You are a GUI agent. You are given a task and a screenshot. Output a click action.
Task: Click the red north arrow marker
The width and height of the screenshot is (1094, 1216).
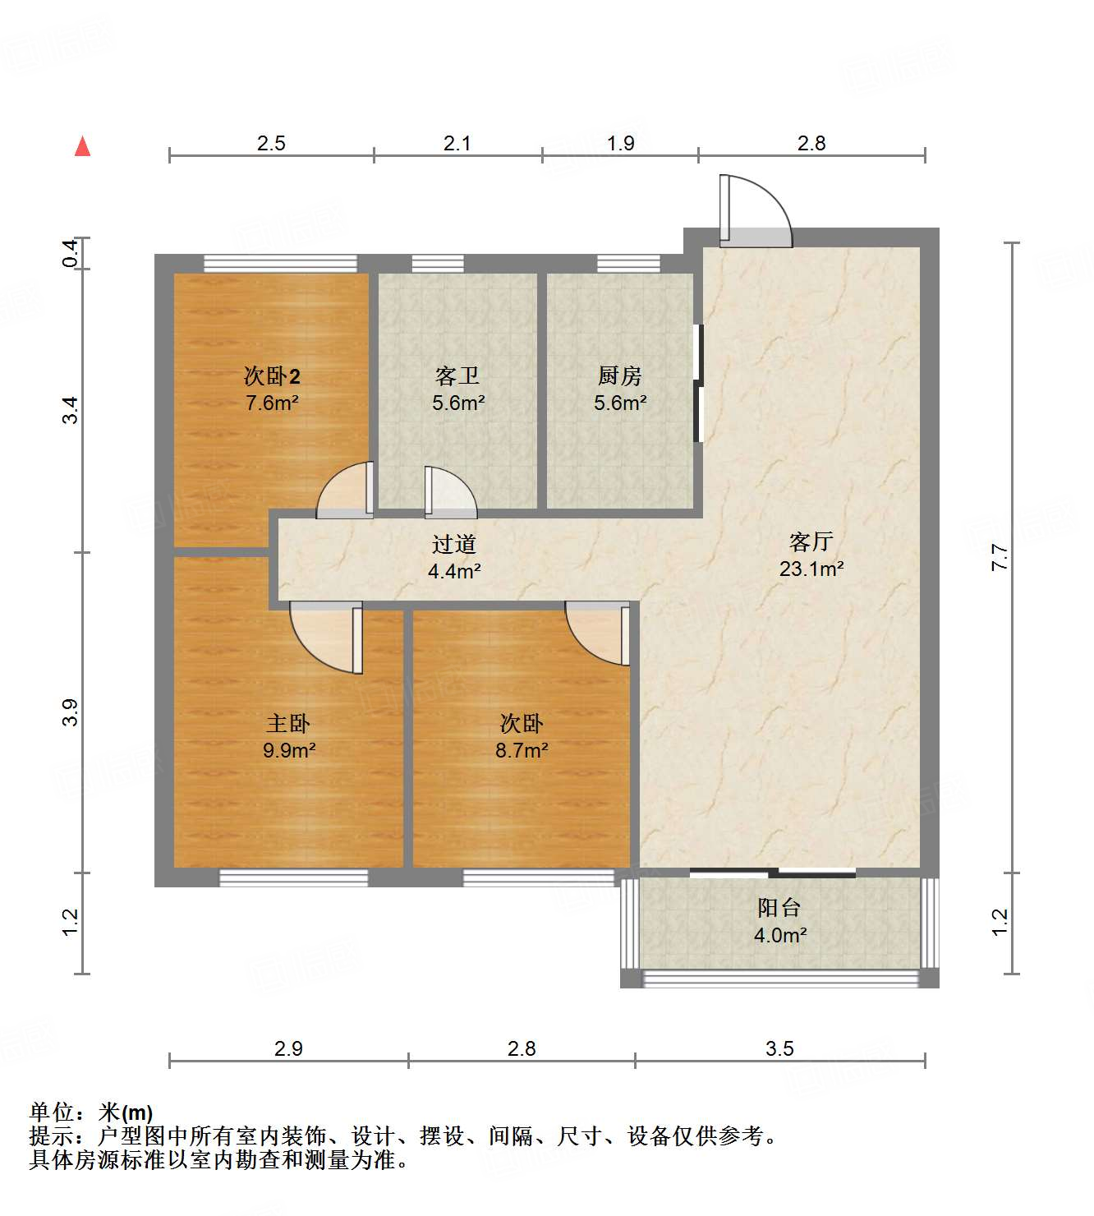82,147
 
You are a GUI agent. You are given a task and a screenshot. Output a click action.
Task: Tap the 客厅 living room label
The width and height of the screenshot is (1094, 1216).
811,541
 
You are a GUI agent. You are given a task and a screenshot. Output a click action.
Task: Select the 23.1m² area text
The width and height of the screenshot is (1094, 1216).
811,569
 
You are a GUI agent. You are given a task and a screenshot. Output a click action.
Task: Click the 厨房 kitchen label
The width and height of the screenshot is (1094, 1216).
619,376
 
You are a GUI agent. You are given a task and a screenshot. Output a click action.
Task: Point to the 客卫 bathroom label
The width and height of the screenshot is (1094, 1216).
457,376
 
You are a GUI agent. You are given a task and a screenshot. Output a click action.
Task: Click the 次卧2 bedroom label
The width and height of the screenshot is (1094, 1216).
272,376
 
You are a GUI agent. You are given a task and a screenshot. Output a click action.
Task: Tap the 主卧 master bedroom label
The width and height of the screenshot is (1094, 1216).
288,724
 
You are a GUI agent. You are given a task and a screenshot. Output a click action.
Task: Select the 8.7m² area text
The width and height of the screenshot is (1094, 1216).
522,750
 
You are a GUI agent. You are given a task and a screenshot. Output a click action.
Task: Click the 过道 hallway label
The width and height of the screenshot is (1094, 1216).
454,544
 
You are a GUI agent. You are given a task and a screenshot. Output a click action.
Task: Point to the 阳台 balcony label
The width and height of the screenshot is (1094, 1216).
779,908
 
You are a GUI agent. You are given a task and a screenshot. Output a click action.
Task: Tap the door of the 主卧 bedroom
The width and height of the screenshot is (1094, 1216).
329,637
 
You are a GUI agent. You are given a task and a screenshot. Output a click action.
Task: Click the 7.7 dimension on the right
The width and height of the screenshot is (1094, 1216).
1000,558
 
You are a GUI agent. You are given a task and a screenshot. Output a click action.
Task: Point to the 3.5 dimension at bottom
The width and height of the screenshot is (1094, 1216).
779,1048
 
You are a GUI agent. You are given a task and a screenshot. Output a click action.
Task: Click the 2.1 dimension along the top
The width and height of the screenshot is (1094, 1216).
457,143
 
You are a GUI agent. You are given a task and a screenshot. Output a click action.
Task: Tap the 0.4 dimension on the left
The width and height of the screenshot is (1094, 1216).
71,252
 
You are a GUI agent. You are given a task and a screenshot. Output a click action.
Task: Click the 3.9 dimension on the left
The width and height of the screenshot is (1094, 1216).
71,712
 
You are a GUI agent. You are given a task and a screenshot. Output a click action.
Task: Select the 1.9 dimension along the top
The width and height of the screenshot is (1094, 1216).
620,143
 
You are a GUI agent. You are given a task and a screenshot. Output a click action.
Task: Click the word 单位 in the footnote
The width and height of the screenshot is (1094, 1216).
52,1112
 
